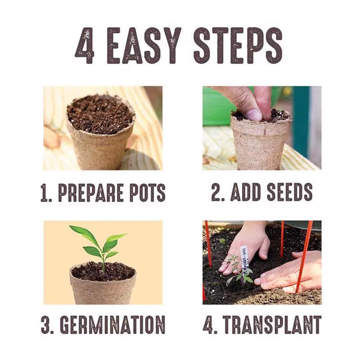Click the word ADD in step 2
(x=245, y=192)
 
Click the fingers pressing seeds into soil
(x=252, y=108)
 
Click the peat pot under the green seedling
(x=103, y=288)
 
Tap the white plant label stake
(x=244, y=256)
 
